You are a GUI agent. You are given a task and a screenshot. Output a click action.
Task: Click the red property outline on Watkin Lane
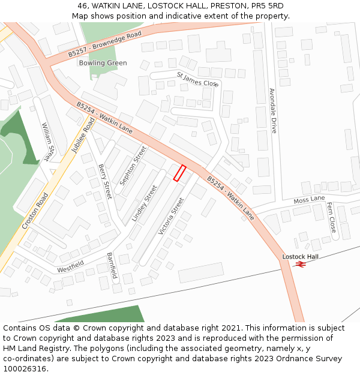[x=179, y=173]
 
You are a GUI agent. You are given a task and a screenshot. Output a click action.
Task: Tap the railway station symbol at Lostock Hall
[x=301, y=263]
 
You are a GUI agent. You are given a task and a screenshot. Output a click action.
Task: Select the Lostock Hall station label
[x=301, y=257]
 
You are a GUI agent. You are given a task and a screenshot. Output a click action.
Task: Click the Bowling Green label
[x=103, y=63]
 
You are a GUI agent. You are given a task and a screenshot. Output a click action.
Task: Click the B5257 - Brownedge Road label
[x=104, y=44]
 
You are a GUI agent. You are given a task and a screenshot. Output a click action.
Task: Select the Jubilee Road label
[x=84, y=136]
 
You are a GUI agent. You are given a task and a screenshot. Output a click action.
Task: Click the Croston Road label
[x=35, y=211]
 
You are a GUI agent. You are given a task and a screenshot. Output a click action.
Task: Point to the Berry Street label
[x=105, y=181]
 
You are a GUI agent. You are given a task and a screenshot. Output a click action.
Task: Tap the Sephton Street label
[x=133, y=165]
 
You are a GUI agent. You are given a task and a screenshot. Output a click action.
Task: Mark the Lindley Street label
[x=144, y=203]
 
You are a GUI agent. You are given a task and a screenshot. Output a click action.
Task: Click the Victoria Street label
[x=170, y=216]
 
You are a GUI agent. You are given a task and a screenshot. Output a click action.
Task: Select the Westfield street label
[x=71, y=267]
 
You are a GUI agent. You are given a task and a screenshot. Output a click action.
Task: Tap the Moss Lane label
[x=309, y=199]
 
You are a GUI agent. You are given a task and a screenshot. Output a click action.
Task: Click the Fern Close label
[x=331, y=217]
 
